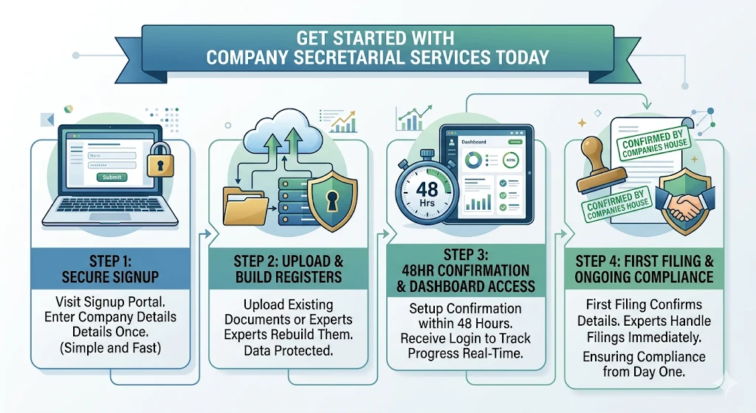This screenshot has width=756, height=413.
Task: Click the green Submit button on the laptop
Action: pos(112,177)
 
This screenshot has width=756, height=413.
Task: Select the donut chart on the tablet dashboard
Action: pos(473,160)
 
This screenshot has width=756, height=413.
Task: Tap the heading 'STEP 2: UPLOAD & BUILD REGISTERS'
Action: pos(288,270)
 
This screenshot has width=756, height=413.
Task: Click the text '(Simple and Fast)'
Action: pos(111,347)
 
